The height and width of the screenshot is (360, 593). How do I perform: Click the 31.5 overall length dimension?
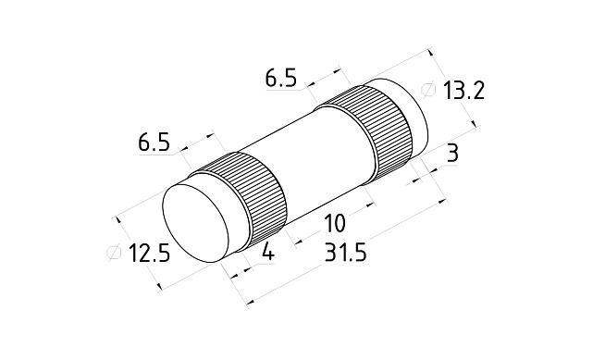tap(346, 253)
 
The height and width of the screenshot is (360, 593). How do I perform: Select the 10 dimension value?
tap(335, 223)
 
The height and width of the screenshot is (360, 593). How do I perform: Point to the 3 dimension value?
tap(452, 153)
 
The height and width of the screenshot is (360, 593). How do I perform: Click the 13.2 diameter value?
tap(463, 91)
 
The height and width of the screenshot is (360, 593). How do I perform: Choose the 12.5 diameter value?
tap(149, 253)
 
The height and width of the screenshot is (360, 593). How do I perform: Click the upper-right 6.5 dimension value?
tap(280, 79)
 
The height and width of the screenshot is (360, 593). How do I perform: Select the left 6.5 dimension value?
tap(154, 143)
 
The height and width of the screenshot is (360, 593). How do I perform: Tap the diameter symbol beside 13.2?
tap(428, 90)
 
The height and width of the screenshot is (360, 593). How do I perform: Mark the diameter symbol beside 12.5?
tap(114, 253)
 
